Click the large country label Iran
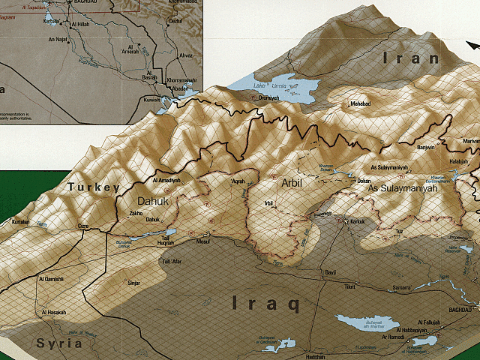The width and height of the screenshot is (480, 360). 410,58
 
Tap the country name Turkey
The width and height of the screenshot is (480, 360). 93,187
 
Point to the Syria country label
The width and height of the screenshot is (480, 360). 58,343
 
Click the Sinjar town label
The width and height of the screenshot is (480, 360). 133,283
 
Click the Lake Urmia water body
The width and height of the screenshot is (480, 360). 277,88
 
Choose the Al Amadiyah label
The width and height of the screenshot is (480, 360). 167,181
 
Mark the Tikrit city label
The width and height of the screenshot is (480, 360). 349,287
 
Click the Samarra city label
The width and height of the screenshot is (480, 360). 401,289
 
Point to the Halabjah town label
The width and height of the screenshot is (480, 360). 457,162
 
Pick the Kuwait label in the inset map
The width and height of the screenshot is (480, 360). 152,99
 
